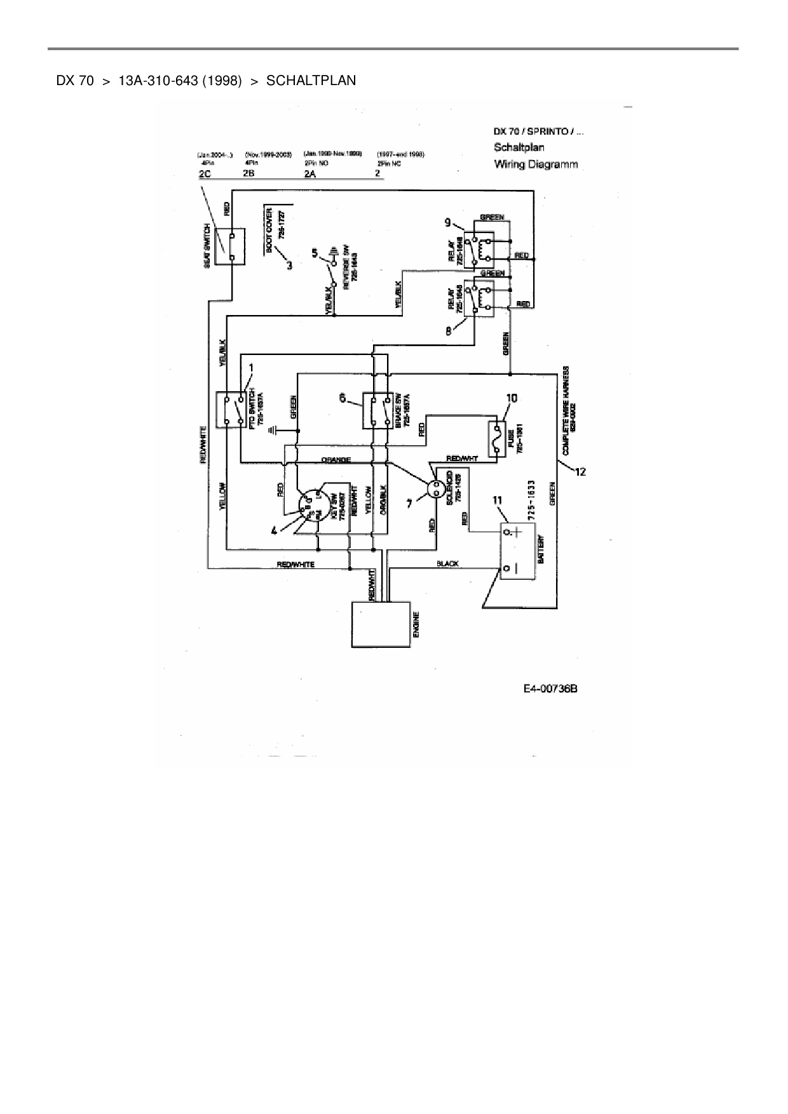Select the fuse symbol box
[x=497, y=439]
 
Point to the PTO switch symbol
[x=231, y=410]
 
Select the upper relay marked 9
[x=479, y=249]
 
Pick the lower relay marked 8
[x=479, y=298]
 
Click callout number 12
[x=580, y=471]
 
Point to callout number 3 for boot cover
[x=290, y=266]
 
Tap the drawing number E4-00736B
[x=550, y=688]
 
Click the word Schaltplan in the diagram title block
[x=519, y=147]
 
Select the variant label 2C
[x=205, y=174]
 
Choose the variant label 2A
[x=310, y=174]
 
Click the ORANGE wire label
[x=336, y=460]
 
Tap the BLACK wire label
[x=448, y=563]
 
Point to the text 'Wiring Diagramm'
[x=536, y=164]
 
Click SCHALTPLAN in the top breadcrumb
[x=311, y=81]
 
